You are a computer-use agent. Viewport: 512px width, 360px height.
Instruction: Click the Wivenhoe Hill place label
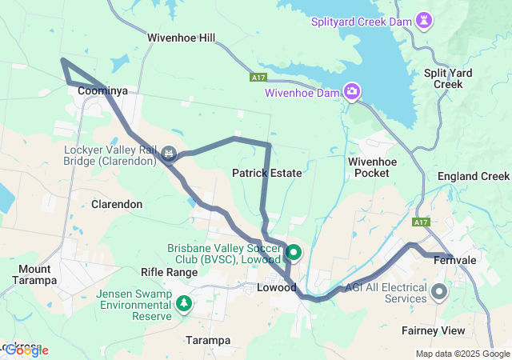click(181, 38)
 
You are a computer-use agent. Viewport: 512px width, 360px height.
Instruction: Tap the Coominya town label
click(103, 91)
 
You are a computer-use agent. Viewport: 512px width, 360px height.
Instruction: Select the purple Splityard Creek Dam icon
click(425, 18)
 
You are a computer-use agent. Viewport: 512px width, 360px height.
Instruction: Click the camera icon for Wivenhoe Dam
click(351, 92)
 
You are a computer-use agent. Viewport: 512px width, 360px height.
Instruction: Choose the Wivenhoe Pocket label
click(372, 167)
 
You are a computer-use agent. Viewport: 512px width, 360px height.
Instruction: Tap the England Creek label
click(474, 176)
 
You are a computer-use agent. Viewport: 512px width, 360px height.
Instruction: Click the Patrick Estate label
click(266, 173)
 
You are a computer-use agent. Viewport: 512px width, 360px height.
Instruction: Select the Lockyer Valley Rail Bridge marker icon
click(169, 153)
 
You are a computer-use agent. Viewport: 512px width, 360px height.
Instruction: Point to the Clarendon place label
click(117, 204)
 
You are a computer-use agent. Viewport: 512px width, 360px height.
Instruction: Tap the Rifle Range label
click(169, 272)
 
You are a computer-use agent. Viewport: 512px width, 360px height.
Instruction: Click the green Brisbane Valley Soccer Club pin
click(293, 254)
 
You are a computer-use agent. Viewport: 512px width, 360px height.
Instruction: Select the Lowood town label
click(277, 287)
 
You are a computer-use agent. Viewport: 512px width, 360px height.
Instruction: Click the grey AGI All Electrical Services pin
click(439, 292)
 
